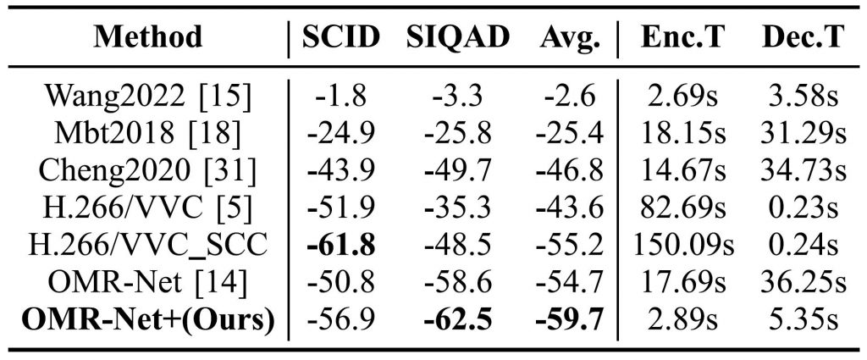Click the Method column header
149,36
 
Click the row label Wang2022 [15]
149,96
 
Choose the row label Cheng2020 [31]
149,169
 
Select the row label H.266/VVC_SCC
149,244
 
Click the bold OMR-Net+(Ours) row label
149,318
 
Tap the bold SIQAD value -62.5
458,318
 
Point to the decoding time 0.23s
803,207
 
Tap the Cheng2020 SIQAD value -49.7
458,169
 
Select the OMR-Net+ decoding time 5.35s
803,318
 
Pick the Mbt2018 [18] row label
149,132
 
